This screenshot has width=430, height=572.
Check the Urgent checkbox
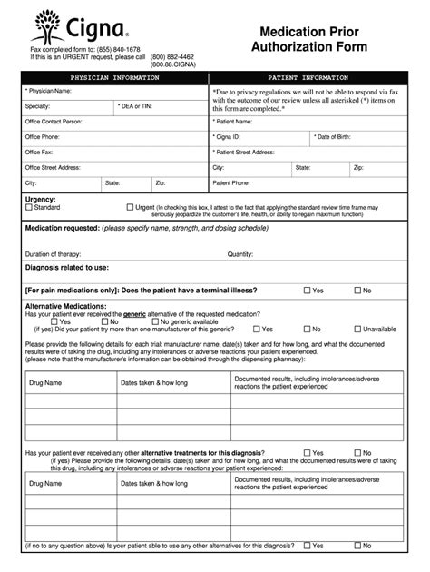130,208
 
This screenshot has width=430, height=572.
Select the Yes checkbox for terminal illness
306,291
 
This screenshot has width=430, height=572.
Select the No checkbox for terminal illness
357,291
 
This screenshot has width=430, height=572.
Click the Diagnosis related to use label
67,268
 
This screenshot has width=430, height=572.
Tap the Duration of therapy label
55,254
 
